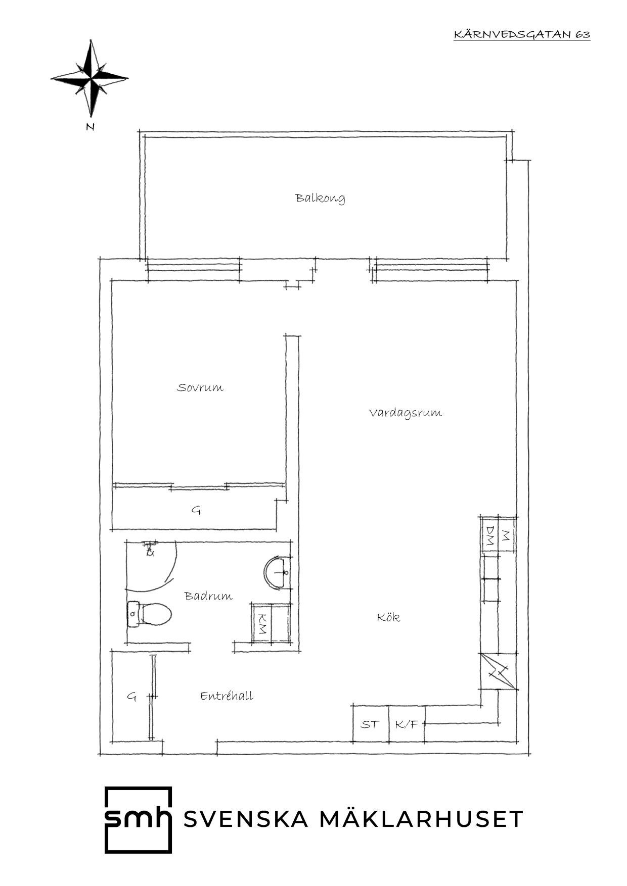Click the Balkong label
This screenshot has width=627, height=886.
click(321, 198)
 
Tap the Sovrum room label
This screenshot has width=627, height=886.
click(200, 387)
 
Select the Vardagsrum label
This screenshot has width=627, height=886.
click(406, 413)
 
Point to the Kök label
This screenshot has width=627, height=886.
click(388, 617)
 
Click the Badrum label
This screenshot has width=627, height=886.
click(209, 596)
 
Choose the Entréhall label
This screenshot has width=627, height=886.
click(227, 696)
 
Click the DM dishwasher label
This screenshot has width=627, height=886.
click(489, 535)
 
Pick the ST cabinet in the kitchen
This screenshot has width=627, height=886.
click(370, 724)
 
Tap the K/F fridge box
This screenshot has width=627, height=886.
click(407, 724)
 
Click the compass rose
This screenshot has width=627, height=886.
click(90, 79)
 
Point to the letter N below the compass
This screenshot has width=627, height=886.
click(91, 127)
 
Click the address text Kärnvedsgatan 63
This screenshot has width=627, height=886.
click(522, 34)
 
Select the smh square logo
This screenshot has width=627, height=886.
click(138, 819)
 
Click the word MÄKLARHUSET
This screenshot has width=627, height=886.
click(422, 819)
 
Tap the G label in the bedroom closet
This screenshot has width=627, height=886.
click(196, 510)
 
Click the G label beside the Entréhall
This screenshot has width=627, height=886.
click(131, 697)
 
